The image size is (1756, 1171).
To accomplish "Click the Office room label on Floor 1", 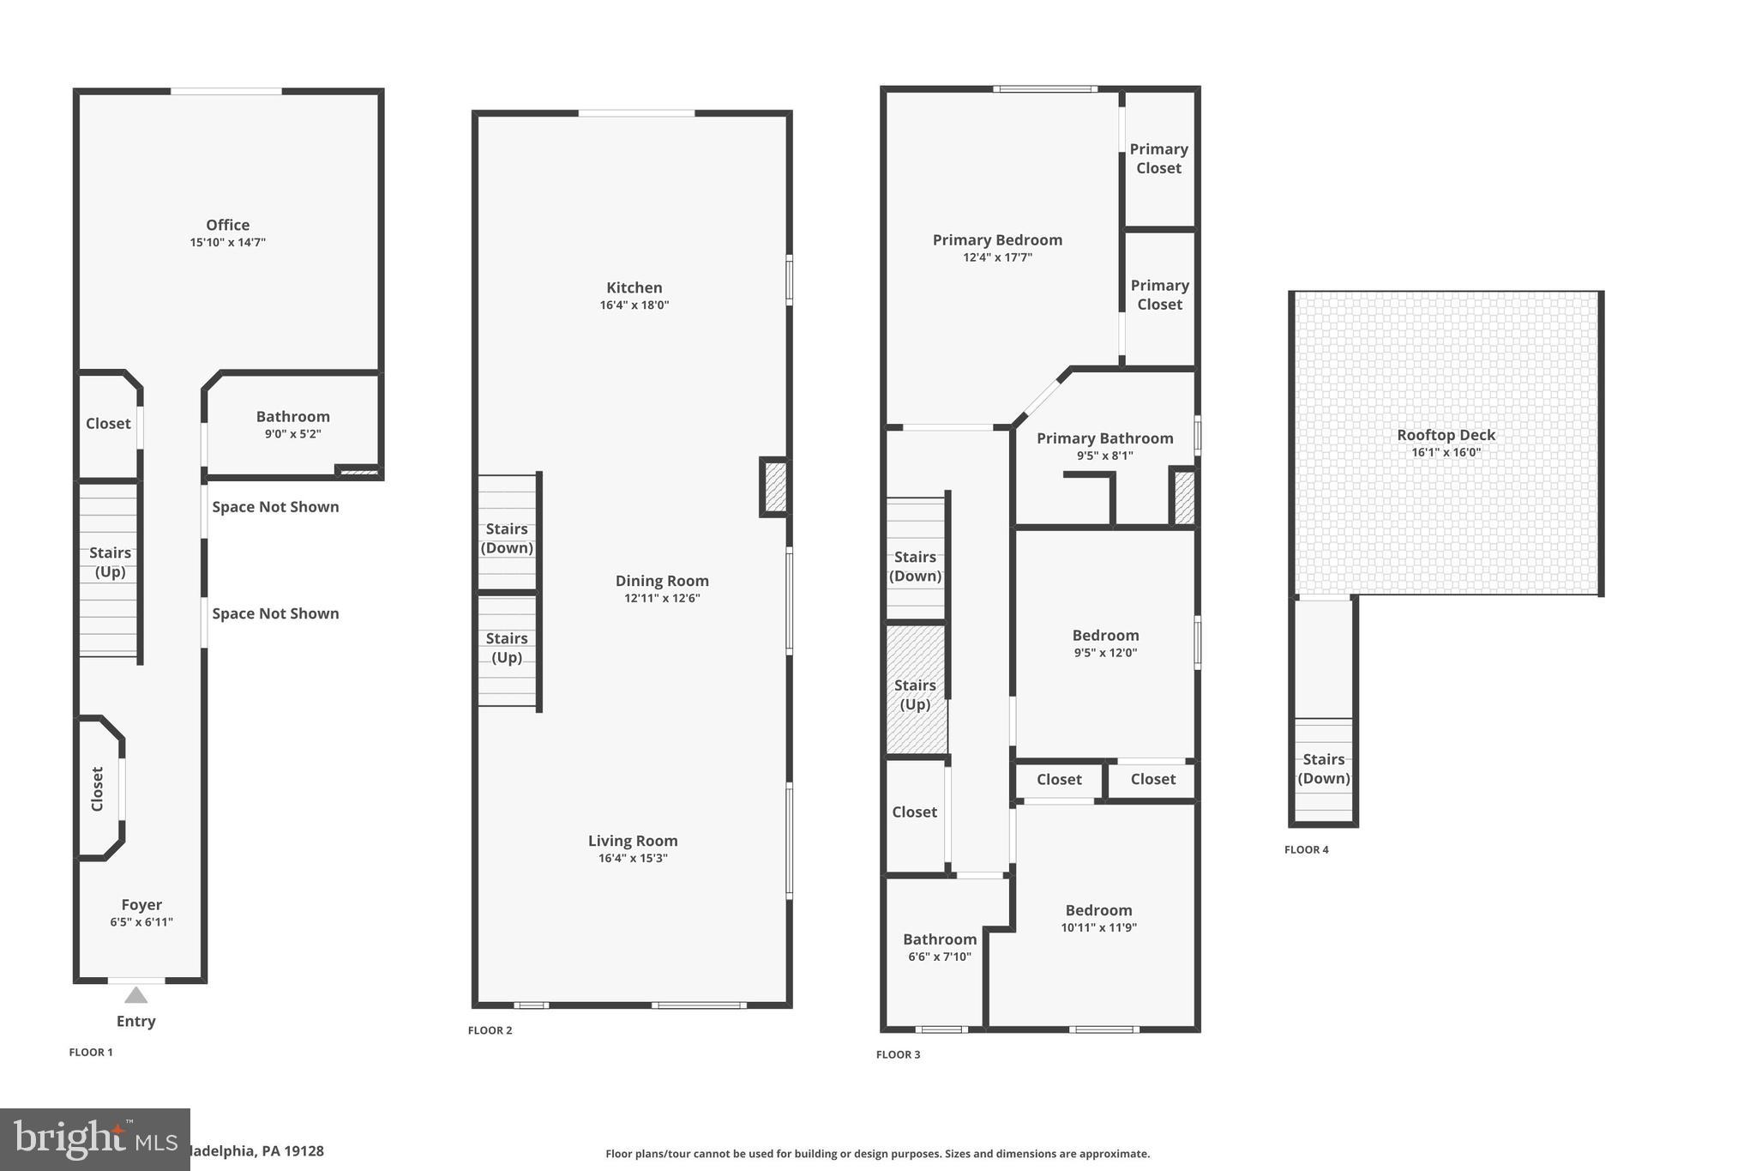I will [x=227, y=225].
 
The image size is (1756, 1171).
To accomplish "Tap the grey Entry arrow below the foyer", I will [x=135, y=995].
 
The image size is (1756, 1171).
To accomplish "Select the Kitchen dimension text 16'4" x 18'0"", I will [x=634, y=305].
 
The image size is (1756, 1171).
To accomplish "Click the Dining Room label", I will [x=661, y=581].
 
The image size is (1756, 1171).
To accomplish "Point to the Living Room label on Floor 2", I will [x=633, y=841].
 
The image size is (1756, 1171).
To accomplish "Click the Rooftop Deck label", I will [x=1446, y=435].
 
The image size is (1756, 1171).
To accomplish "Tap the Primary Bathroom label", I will [x=1104, y=438].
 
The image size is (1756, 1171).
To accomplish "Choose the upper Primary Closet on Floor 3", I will [x=1158, y=159].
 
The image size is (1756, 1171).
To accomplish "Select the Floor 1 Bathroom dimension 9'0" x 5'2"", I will [x=292, y=434].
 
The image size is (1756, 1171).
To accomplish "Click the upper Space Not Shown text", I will [x=275, y=507].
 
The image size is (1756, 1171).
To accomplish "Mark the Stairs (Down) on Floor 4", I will [x=1323, y=769].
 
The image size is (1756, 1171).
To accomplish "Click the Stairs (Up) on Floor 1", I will [x=110, y=563].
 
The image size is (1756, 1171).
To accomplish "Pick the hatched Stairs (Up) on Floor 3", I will [x=915, y=694].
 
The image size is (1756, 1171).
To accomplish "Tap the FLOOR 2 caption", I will [x=490, y=1030].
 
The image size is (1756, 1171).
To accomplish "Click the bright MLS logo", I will [x=94, y=1139].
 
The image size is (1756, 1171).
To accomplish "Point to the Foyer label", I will [x=141, y=905].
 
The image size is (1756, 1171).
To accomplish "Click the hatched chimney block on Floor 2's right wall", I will [x=775, y=487].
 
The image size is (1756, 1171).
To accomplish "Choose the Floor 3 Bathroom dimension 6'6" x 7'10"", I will [x=939, y=957].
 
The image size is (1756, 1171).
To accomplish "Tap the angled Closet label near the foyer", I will [x=97, y=788].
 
